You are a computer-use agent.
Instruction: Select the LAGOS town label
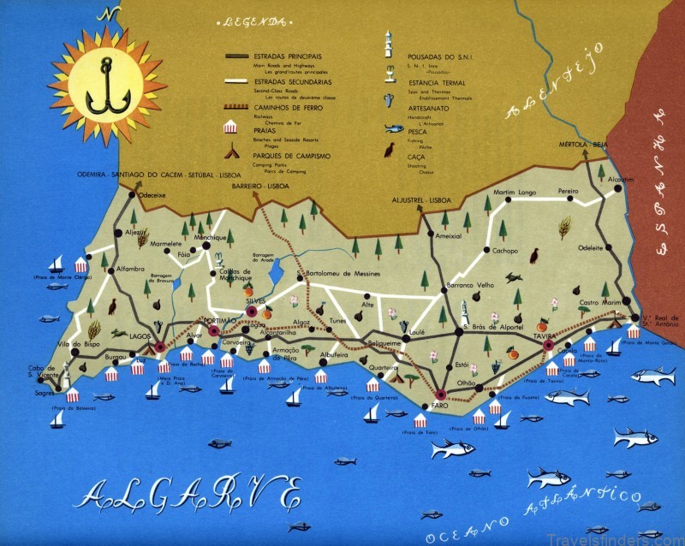tap(140, 335)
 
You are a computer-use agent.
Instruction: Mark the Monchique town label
tap(210, 237)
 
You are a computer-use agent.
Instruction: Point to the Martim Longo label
tap(515, 192)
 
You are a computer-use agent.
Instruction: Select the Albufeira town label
tap(338, 353)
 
